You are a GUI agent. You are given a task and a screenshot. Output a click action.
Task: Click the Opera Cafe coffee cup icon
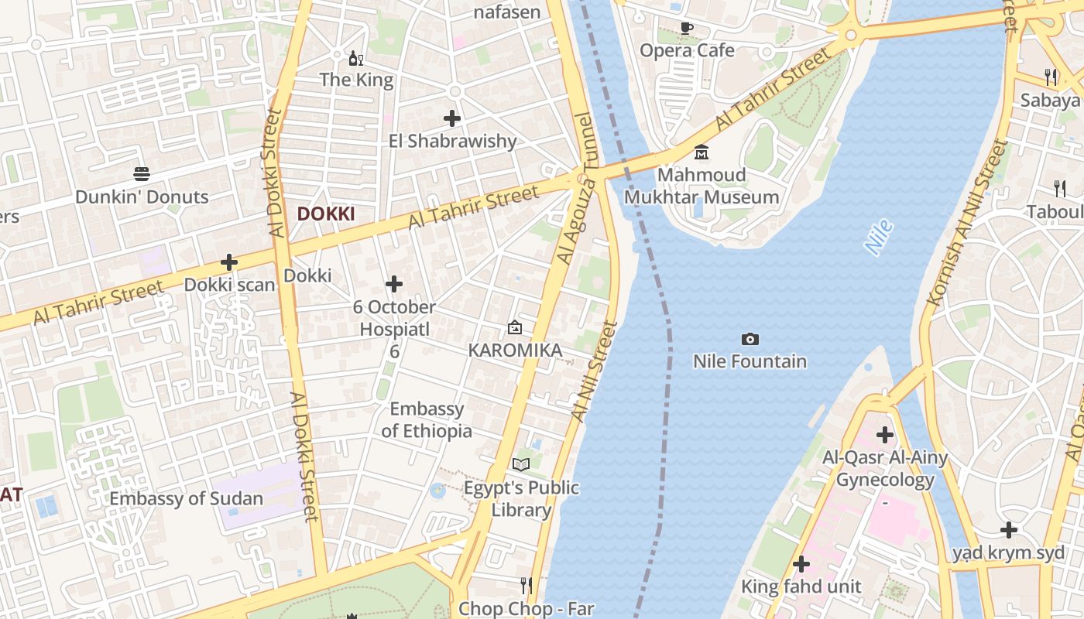[x=686, y=29]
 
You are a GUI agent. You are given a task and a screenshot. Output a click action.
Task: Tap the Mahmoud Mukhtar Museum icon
[x=702, y=152]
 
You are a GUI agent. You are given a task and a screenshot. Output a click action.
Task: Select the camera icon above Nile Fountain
[x=750, y=339]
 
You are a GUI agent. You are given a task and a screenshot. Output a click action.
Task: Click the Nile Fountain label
[x=750, y=361]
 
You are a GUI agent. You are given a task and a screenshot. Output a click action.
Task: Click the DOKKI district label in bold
[x=326, y=214]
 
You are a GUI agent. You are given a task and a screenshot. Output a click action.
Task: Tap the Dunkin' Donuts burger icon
[x=141, y=173]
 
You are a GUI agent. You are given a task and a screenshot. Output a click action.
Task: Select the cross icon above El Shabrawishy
[x=452, y=118]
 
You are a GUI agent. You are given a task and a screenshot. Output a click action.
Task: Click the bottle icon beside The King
[x=355, y=58]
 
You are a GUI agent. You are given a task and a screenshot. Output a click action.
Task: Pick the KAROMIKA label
[x=515, y=351]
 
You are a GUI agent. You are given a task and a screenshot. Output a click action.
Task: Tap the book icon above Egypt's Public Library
[x=521, y=464]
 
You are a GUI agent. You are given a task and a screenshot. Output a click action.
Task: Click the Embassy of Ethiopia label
[x=427, y=419]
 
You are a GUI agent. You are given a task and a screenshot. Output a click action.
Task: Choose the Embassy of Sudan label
[x=187, y=498]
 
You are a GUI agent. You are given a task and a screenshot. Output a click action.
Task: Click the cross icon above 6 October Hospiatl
[x=394, y=284]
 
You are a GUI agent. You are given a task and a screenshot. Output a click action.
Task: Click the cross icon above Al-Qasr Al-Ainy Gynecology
[x=884, y=435]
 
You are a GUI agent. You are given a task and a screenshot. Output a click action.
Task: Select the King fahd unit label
[x=801, y=587]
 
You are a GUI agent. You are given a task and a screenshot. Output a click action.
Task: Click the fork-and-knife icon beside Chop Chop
[x=526, y=584]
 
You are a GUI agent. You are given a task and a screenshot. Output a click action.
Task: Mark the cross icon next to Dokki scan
[x=229, y=262]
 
